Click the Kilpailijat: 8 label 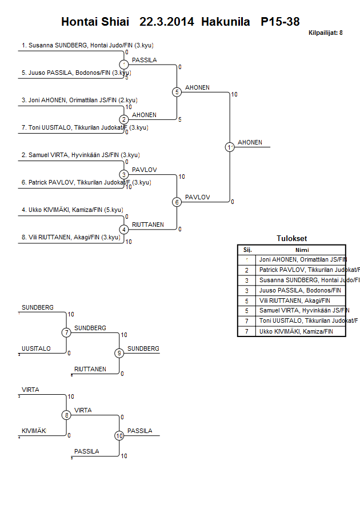(325, 33)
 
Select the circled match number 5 (177, 91)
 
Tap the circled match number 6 (177, 202)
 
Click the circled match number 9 (119, 353)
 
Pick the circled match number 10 (119, 435)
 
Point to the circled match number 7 (66, 332)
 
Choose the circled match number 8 (66, 415)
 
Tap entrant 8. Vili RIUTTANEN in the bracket (74, 238)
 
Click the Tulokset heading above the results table (291, 239)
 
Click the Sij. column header (247, 250)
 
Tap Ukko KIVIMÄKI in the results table (295, 331)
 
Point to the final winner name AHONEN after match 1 (250, 142)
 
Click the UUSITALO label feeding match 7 (36, 348)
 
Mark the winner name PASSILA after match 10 (140, 431)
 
